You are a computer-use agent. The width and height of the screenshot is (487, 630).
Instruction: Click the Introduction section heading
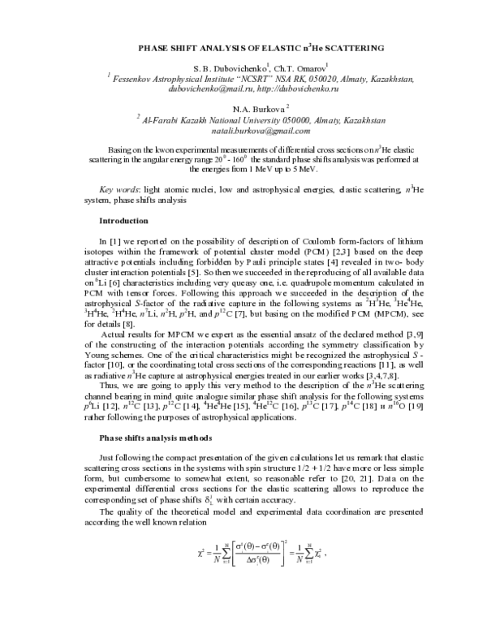[123, 221]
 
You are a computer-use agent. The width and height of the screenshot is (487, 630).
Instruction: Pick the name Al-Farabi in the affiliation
[162, 120]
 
